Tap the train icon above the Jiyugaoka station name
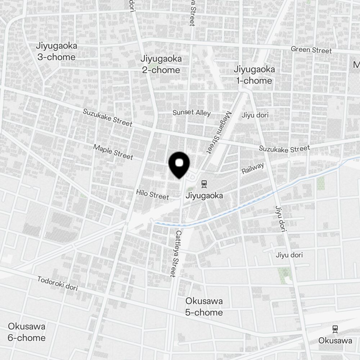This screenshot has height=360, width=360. pyautogui.click(x=204, y=184)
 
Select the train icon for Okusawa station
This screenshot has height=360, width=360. pyautogui.click(x=335, y=329)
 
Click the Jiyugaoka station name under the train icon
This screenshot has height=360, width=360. pyautogui.click(x=204, y=196)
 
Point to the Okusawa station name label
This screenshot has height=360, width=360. pyautogui.click(x=335, y=341)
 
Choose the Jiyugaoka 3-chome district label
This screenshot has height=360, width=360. pyautogui.click(x=56, y=51)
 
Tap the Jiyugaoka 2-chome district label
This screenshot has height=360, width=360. pyautogui.click(x=161, y=64)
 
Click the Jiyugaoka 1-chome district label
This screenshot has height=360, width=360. pyautogui.click(x=254, y=75)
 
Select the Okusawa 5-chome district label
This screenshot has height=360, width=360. pyautogui.click(x=204, y=307)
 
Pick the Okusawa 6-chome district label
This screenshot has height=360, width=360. pyautogui.click(x=27, y=332)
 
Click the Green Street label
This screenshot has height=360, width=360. pyautogui.click(x=311, y=50)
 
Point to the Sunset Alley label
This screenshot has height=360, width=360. pyautogui.click(x=192, y=113)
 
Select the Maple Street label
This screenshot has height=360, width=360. pyautogui.click(x=113, y=152)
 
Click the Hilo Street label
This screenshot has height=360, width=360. pyautogui.click(x=153, y=194)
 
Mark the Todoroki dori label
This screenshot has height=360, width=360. pyautogui.click(x=58, y=283)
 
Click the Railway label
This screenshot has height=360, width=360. pyautogui.click(x=253, y=168)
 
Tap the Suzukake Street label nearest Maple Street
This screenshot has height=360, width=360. pyautogui.click(x=108, y=117)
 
